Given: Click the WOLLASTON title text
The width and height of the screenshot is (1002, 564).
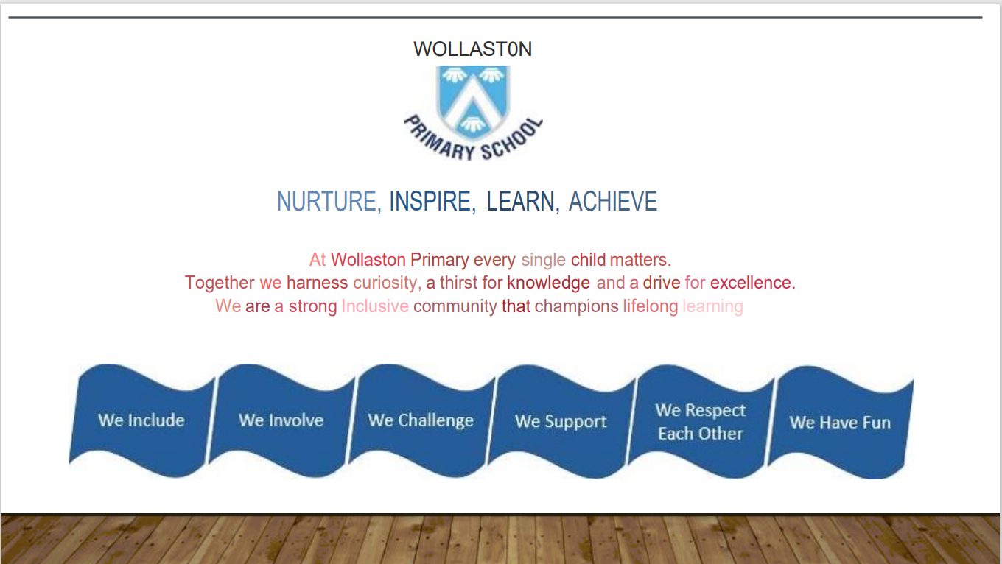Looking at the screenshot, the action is click(472, 49).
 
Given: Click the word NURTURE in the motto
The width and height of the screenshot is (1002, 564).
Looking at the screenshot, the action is click(326, 201).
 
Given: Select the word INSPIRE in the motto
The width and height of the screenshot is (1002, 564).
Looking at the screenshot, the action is click(430, 201).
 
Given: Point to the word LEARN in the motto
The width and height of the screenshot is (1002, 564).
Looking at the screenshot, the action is click(520, 201).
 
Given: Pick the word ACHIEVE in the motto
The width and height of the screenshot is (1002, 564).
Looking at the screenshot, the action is click(613, 201).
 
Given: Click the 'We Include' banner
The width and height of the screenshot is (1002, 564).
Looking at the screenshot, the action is click(141, 420).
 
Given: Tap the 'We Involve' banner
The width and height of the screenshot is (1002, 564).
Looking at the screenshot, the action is click(281, 420).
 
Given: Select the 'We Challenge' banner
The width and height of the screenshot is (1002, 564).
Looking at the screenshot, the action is click(421, 420).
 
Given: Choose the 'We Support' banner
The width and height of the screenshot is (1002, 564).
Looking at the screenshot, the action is click(561, 421).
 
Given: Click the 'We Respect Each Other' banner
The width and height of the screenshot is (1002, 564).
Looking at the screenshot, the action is click(701, 421).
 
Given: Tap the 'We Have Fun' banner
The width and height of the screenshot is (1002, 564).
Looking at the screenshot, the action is click(840, 423).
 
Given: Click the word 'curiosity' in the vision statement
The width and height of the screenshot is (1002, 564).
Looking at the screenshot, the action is click(385, 283).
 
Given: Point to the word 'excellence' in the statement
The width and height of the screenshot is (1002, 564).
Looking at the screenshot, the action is click(751, 283).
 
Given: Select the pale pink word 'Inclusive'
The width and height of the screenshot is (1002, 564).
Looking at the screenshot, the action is click(375, 306).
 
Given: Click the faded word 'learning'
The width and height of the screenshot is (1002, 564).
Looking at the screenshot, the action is click(712, 307).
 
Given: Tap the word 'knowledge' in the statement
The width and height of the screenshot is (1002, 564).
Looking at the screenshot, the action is click(548, 283).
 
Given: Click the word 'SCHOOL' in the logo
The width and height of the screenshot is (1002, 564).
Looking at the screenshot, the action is click(512, 139).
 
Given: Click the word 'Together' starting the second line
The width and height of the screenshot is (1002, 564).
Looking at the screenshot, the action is click(220, 283).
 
